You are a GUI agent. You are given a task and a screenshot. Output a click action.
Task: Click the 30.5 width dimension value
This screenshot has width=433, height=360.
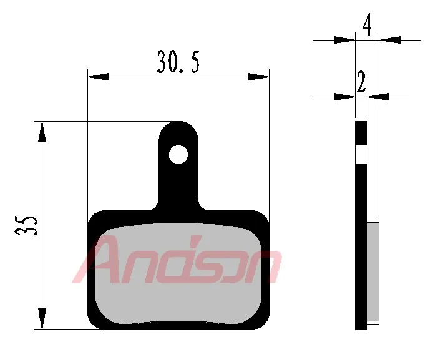click(x=178, y=63)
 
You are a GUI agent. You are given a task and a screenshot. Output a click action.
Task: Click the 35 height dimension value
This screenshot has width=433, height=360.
click(x=27, y=225)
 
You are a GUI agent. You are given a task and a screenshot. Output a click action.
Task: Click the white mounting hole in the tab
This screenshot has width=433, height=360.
click(x=179, y=154)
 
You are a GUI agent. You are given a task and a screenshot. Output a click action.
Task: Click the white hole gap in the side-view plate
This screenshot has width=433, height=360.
click(x=361, y=154)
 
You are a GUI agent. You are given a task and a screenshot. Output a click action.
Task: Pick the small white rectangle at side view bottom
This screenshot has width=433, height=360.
click(x=373, y=323)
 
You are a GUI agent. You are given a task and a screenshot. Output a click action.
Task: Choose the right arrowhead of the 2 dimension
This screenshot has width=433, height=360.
click(x=379, y=97)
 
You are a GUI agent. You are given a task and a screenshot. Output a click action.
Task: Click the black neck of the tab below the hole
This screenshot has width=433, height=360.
click(x=179, y=187)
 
